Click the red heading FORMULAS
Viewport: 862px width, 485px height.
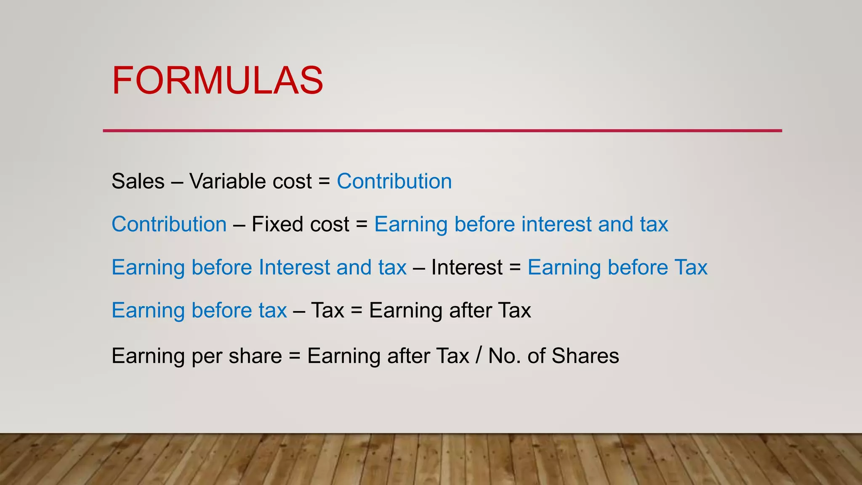point(217,80)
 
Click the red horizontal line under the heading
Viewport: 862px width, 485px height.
point(442,131)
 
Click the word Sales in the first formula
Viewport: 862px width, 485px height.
point(138,181)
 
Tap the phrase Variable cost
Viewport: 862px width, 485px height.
point(250,181)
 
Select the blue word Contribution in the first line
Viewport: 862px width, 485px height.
point(394,181)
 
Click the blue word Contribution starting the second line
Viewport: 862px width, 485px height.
point(169,224)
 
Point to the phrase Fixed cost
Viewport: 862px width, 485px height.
point(300,224)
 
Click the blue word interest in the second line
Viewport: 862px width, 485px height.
point(556,224)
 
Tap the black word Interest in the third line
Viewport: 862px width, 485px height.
point(467,267)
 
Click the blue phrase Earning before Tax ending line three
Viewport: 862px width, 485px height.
point(617,267)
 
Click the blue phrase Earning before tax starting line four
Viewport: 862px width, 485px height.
point(199,311)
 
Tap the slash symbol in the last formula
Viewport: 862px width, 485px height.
point(479,355)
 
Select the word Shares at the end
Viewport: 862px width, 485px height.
point(585,356)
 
